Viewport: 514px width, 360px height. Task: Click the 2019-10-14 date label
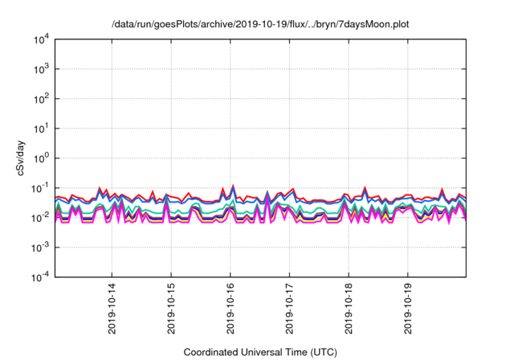pos(112,310)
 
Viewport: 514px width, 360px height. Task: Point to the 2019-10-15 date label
pos(171,310)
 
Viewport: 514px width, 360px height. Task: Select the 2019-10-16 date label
pos(230,310)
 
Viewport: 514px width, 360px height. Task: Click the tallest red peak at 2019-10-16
pos(233,186)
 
